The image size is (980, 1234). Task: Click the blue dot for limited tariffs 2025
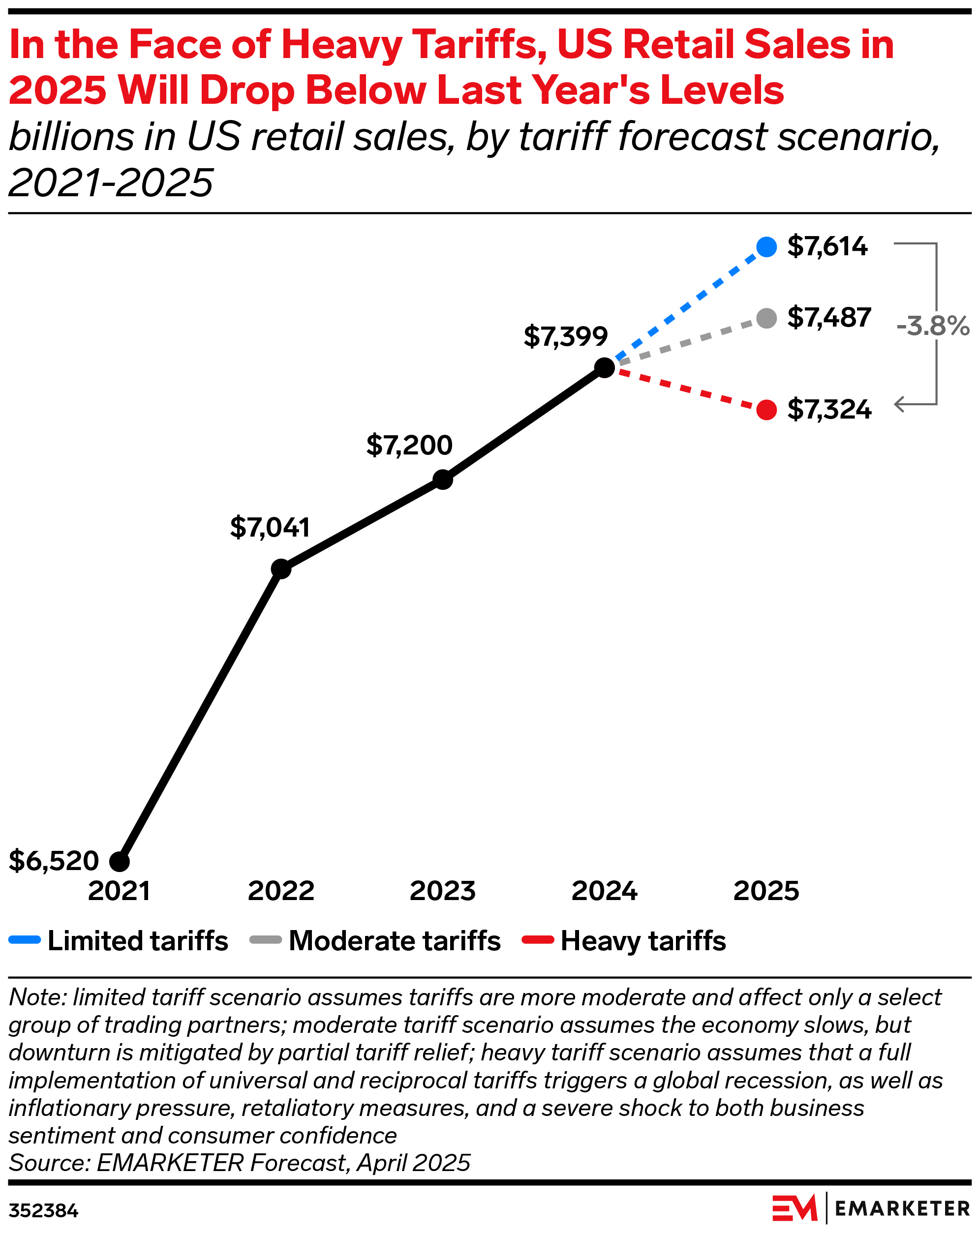click(x=766, y=247)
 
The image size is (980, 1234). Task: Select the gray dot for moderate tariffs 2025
click(x=766, y=318)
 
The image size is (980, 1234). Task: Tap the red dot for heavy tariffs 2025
click(x=766, y=410)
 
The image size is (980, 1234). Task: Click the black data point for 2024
click(x=605, y=367)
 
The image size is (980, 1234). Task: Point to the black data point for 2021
click(x=119, y=861)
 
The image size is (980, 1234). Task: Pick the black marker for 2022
click(x=280, y=569)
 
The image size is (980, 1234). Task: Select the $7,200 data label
click(x=409, y=445)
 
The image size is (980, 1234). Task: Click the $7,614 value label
click(x=827, y=246)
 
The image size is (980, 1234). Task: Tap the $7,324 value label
click(x=829, y=410)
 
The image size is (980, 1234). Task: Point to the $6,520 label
click(x=54, y=861)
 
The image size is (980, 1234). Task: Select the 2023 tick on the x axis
click(x=442, y=891)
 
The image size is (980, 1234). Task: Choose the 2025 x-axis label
click(x=766, y=891)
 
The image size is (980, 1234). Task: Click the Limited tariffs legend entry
click(x=119, y=941)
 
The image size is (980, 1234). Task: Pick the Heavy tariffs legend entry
click(x=624, y=941)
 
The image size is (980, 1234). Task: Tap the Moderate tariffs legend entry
click(x=375, y=941)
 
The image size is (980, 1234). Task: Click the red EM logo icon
click(x=794, y=1209)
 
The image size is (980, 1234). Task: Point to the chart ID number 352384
click(x=43, y=1211)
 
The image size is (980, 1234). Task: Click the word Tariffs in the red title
click(x=479, y=45)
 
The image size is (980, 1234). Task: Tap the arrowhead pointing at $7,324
click(x=899, y=404)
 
